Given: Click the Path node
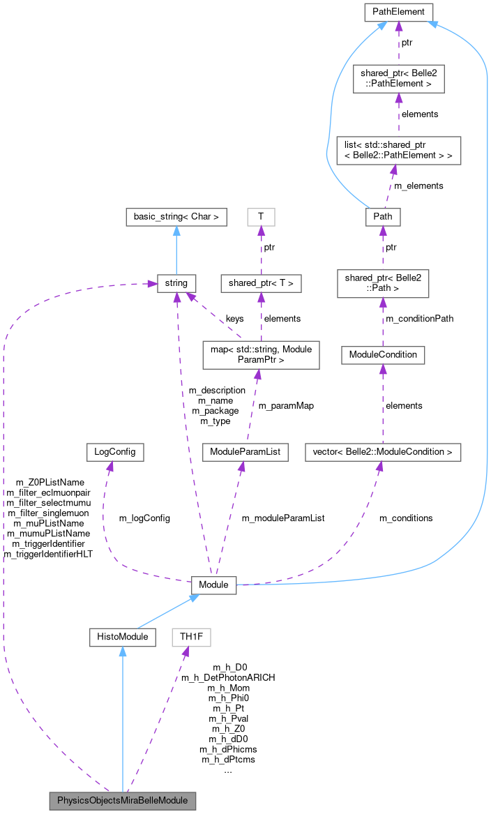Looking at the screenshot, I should tap(383, 216).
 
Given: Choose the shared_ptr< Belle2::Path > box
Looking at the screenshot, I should tap(383, 282).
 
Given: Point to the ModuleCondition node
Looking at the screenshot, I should tap(383, 354).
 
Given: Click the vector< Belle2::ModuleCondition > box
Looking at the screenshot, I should tap(383, 452).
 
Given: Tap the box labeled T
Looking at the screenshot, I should tap(261, 217).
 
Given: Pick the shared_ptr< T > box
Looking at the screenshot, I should tap(261, 283).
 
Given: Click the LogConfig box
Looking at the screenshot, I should tap(114, 452).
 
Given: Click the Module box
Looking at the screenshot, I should tap(213, 585).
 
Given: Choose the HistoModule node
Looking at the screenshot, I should tap(123, 636).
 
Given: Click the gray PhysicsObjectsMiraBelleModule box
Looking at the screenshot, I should tap(123, 799).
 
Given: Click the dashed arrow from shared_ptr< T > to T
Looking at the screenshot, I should tap(261, 250).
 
